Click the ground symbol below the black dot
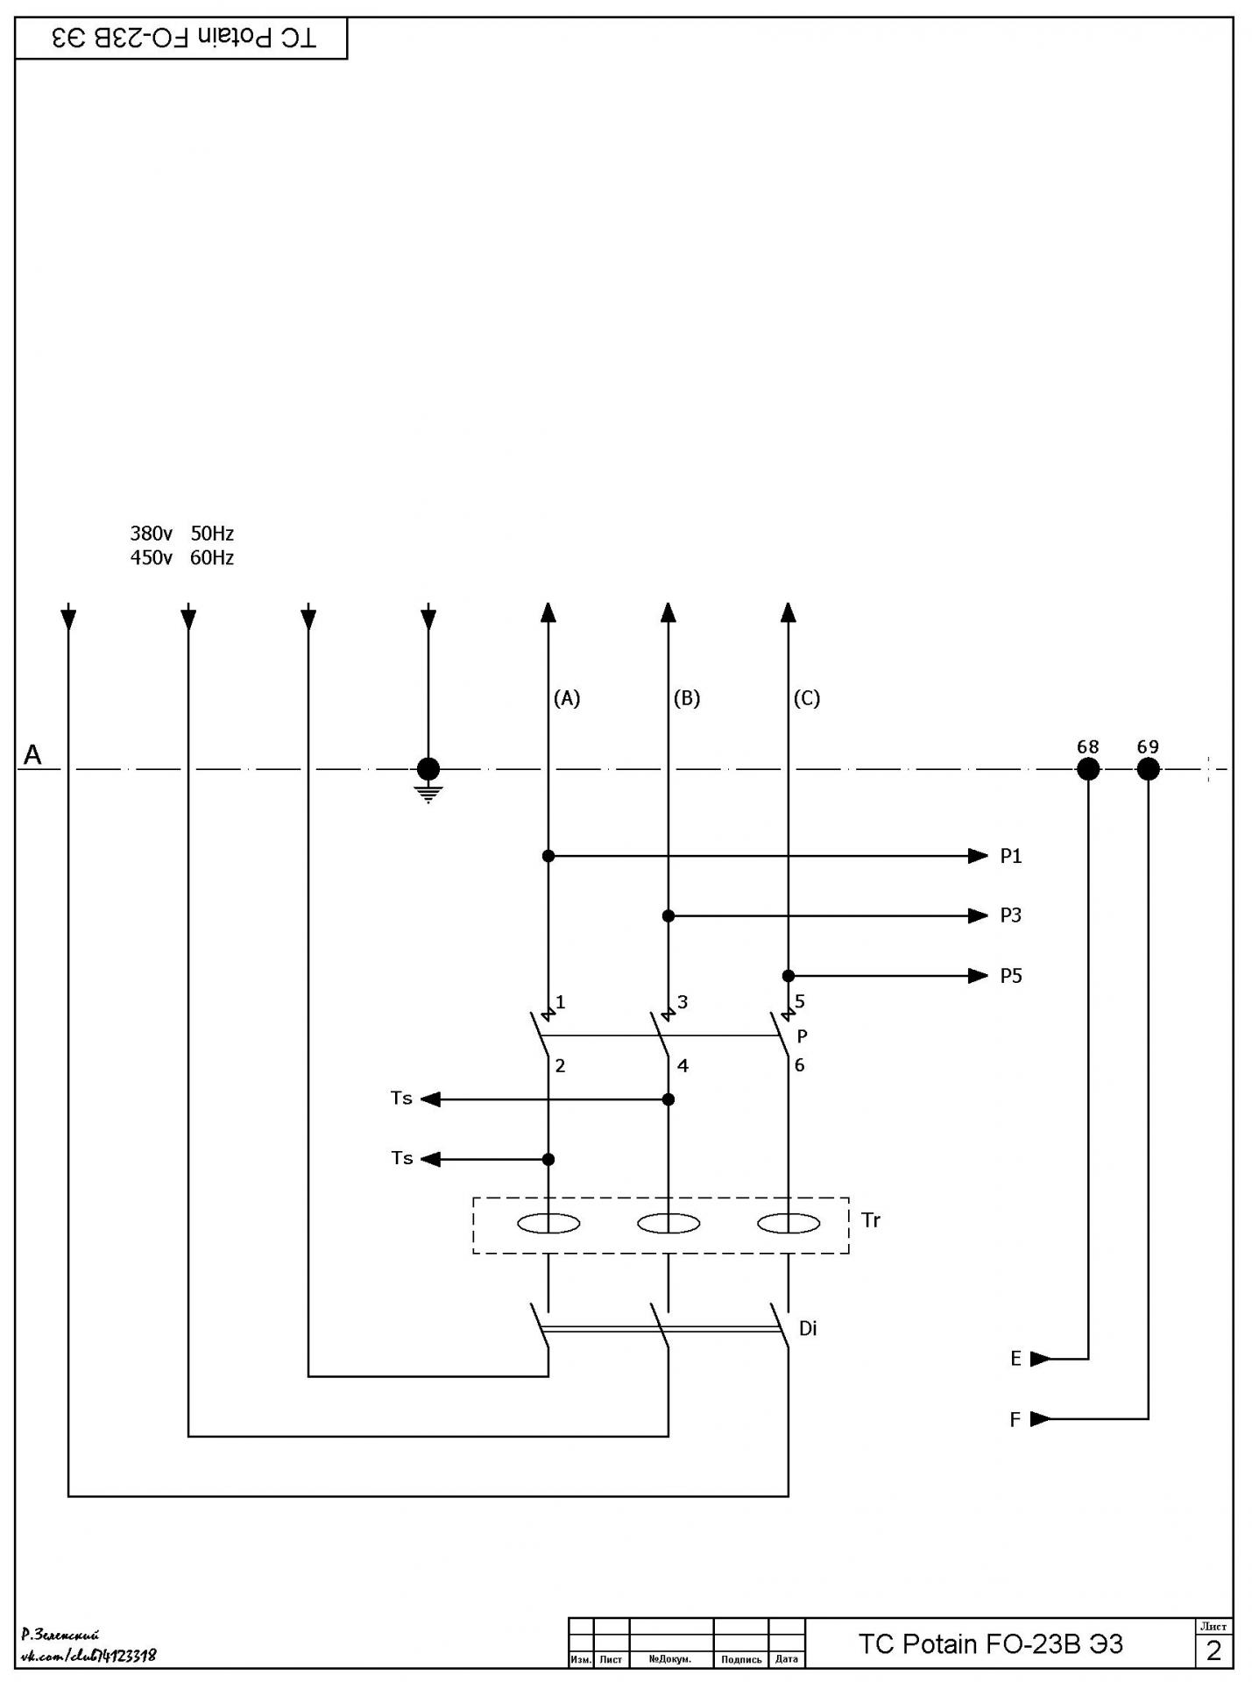(428, 794)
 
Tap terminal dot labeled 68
(1087, 769)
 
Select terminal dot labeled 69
(1148, 769)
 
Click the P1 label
(1011, 856)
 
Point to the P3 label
(1011, 915)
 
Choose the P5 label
(1011, 976)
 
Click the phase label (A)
(567, 698)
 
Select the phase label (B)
(687, 698)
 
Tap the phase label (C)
(807, 698)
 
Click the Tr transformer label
(871, 1219)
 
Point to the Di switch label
(808, 1328)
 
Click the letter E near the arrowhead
(1015, 1359)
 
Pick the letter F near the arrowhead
(1015, 1419)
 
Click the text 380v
(152, 533)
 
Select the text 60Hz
(212, 557)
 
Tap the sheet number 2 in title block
(1213, 1650)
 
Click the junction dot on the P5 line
(789, 976)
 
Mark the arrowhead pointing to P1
(978, 856)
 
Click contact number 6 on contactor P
(799, 1065)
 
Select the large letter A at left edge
(32, 754)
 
